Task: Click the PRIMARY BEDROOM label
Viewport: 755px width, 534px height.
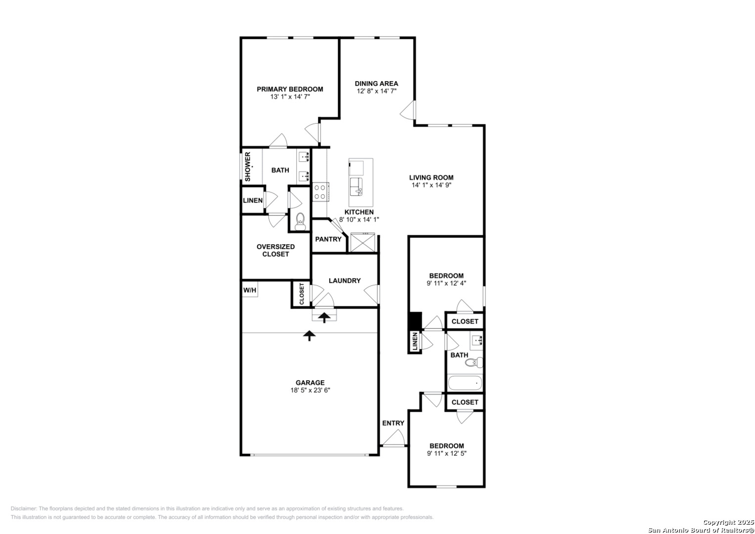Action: click(290, 89)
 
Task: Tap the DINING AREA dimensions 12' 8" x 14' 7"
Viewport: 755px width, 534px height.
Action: click(376, 91)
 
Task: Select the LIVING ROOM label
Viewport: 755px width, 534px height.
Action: click(432, 178)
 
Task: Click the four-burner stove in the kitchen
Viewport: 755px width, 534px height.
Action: click(320, 192)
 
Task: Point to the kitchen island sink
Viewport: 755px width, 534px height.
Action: click(356, 187)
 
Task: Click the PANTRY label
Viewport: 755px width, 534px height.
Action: click(328, 239)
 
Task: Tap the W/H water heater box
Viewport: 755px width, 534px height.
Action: click(250, 290)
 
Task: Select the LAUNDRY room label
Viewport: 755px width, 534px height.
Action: click(345, 280)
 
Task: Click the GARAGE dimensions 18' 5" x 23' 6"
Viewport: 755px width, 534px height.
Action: click(310, 390)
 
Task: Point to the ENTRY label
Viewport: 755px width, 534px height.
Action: click(393, 423)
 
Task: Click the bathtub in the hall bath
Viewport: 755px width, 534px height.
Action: click(465, 383)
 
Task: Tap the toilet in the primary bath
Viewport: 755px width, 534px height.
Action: click(300, 222)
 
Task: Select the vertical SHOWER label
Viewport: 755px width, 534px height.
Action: click(248, 167)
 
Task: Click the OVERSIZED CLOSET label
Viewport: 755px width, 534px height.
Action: click(276, 250)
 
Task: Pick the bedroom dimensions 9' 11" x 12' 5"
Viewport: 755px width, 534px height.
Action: click(446, 453)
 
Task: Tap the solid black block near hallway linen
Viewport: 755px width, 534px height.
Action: click(415, 320)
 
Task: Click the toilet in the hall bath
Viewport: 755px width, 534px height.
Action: click(474, 363)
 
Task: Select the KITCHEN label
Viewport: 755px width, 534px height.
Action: click(359, 212)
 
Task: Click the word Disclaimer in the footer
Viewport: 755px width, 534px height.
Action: click(24, 508)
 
